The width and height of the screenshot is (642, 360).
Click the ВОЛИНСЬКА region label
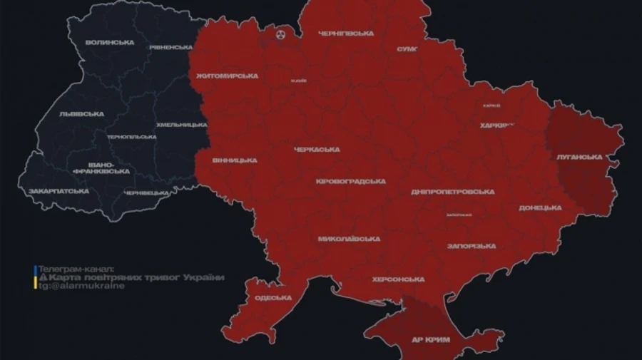tap(109, 43)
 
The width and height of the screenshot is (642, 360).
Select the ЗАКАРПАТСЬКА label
tap(58, 191)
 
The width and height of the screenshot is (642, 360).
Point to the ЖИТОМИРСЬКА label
tap(226, 76)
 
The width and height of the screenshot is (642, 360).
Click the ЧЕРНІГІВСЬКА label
tap(345, 34)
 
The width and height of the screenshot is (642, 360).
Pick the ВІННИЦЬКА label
tap(234, 160)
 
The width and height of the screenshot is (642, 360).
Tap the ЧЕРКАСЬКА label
tap(317, 150)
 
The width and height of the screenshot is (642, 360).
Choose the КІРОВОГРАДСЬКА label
tap(350, 182)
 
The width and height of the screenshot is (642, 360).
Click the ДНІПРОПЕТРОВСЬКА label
tap(452, 192)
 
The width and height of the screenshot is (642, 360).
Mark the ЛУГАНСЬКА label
tap(579, 157)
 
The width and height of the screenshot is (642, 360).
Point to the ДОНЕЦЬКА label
tap(540, 207)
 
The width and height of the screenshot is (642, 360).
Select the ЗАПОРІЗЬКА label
tap(472, 246)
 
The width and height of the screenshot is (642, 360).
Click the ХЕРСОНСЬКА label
tap(398, 279)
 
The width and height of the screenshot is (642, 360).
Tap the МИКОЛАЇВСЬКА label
tap(348, 239)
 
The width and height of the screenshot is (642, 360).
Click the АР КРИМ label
tap(432, 340)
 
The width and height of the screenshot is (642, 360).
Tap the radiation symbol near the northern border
tap(280, 33)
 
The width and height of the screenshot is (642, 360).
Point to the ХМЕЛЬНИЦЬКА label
tap(183, 125)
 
